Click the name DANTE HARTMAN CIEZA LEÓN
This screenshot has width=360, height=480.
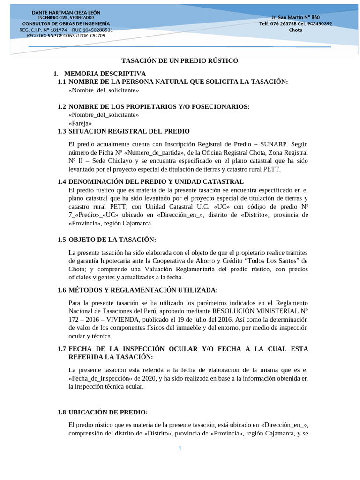tap(66, 12)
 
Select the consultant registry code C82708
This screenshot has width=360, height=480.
tap(96, 35)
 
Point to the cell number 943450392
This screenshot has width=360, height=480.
tap(317, 23)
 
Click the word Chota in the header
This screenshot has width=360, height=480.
tap(295, 30)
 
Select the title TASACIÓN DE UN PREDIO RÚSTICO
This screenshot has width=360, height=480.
tap(180, 61)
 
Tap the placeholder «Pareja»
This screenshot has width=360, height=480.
tap(80, 123)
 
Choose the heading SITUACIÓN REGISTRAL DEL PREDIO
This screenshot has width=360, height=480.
tap(129, 131)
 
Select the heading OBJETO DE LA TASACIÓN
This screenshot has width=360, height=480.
tap(112, 240)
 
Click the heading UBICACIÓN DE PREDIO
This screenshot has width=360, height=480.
tap(108, 412)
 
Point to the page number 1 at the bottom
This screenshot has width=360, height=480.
tap(180, 448)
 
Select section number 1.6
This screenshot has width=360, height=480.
tap(62, 290)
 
